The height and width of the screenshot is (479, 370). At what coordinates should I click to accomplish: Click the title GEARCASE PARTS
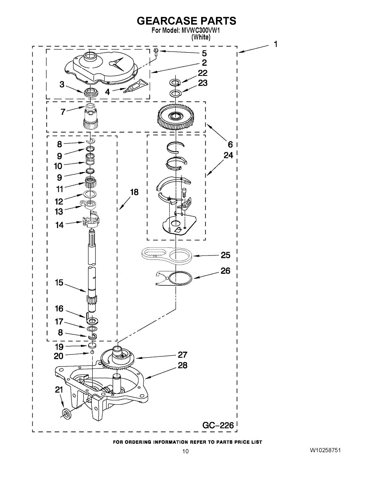(x=186, y=21)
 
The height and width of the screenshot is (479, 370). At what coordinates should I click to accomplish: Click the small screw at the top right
(x=156, y=50)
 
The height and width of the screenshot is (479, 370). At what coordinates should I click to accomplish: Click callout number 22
(x=203, y=73)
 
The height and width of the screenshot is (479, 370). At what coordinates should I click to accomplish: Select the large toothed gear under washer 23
(x=174, y=117)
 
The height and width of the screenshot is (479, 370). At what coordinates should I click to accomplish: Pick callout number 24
(x=228, y=155)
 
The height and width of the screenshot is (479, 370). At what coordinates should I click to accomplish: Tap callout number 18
(x=134, y=192)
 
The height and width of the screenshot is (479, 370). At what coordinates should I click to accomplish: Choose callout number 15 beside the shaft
(x=59, y=283)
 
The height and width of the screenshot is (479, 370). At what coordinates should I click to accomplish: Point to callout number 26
(x=226, y=271)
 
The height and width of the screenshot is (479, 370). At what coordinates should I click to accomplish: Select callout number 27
(x=182, y=354)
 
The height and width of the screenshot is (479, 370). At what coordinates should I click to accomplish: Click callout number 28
(x=182, y=365)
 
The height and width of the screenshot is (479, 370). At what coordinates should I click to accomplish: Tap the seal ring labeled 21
(x=66, y=413)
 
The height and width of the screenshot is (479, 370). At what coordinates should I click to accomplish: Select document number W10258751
(x=325, y=450)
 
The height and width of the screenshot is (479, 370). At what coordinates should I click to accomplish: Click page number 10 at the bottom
(x=185, y=451)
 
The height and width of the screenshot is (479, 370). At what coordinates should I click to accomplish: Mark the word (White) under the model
(x=201, y=37)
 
